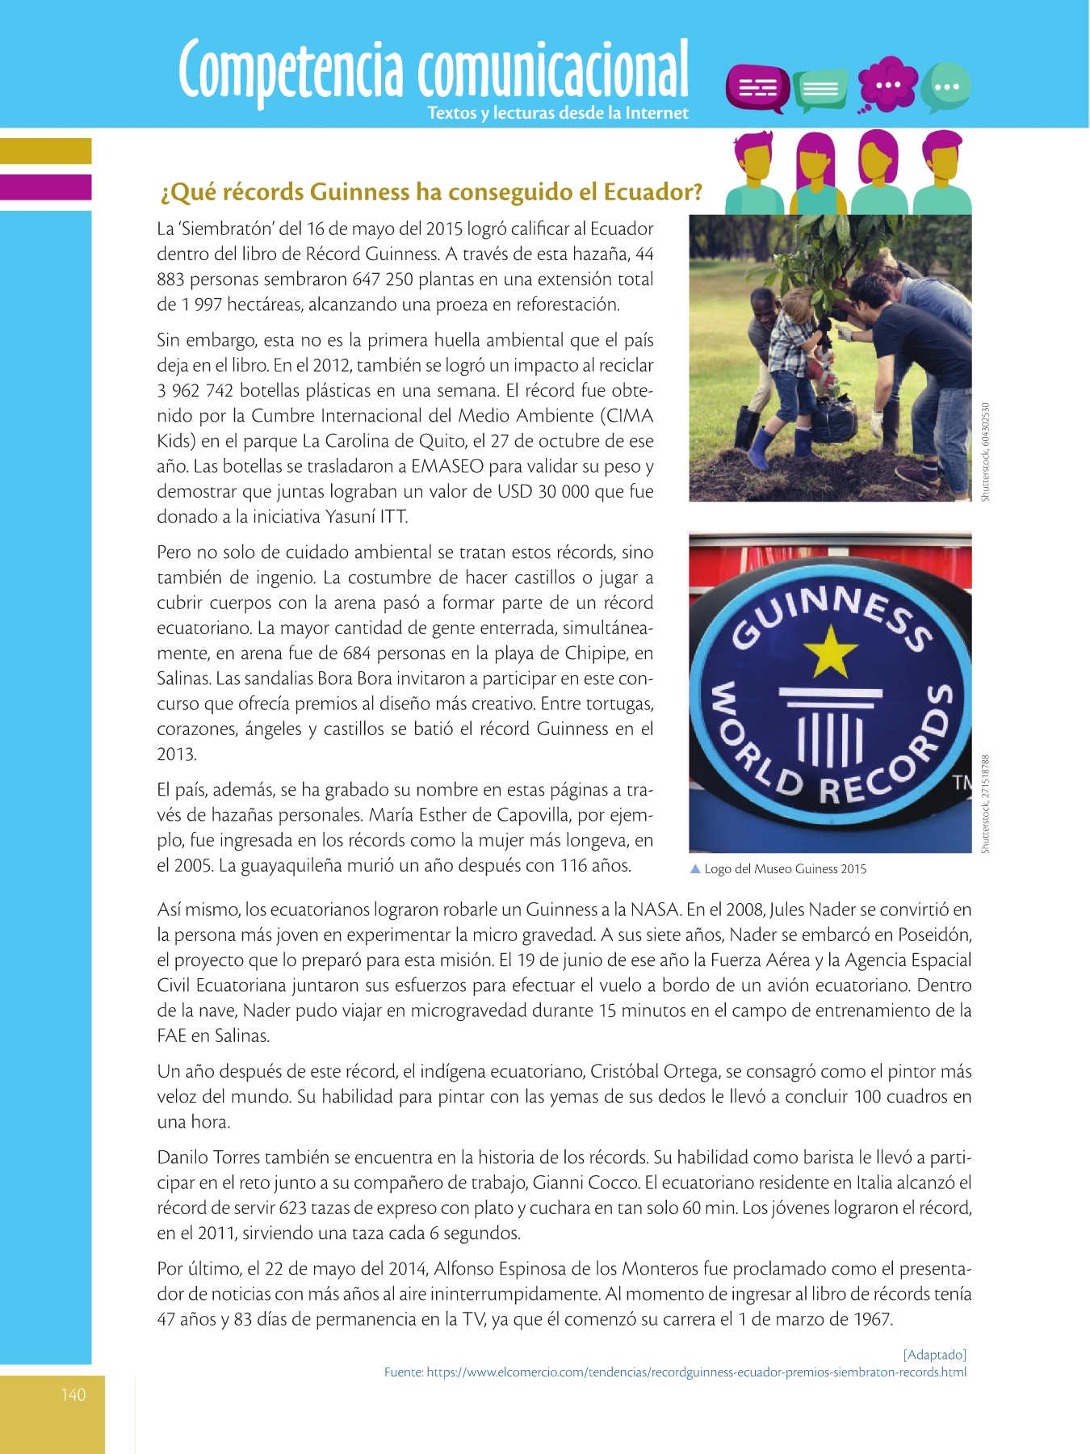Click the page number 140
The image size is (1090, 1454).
tap(73, 1395)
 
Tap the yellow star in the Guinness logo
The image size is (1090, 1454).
tap(830, 652)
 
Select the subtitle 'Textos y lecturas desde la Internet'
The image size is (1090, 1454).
tap(558, 113)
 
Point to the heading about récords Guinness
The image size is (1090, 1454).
tap(431, 192)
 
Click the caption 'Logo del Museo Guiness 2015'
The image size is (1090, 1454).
tap(785, 869)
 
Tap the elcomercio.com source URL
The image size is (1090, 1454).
tap(675, 1372)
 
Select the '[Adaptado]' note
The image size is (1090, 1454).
tap(934, 1355)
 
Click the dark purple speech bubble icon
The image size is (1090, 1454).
tap(757, 87)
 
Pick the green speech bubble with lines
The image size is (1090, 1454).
tap(820, 89)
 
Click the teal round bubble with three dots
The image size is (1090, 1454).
tap(945, 86)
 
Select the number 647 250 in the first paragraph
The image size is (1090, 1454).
tap(384, 279)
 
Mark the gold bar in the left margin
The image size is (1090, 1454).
tap(45, 151)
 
